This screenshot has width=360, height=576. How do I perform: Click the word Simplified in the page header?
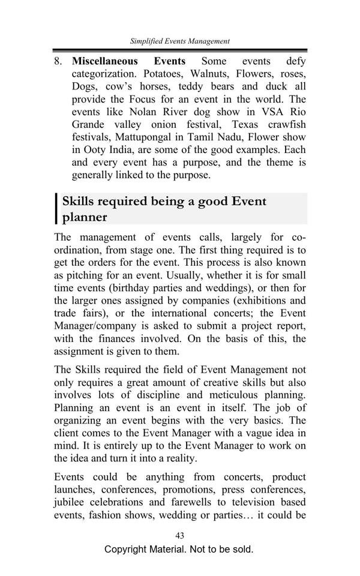coord(146,41)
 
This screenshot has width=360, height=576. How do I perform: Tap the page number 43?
coord(179,536)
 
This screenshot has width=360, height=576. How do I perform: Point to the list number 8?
coord(58,61)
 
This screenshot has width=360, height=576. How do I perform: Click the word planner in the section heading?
coord(85,217)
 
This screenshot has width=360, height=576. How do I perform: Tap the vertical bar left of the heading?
coord(57,208)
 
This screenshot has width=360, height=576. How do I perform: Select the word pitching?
coord(86,275)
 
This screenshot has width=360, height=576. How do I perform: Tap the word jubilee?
coord(69,502)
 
